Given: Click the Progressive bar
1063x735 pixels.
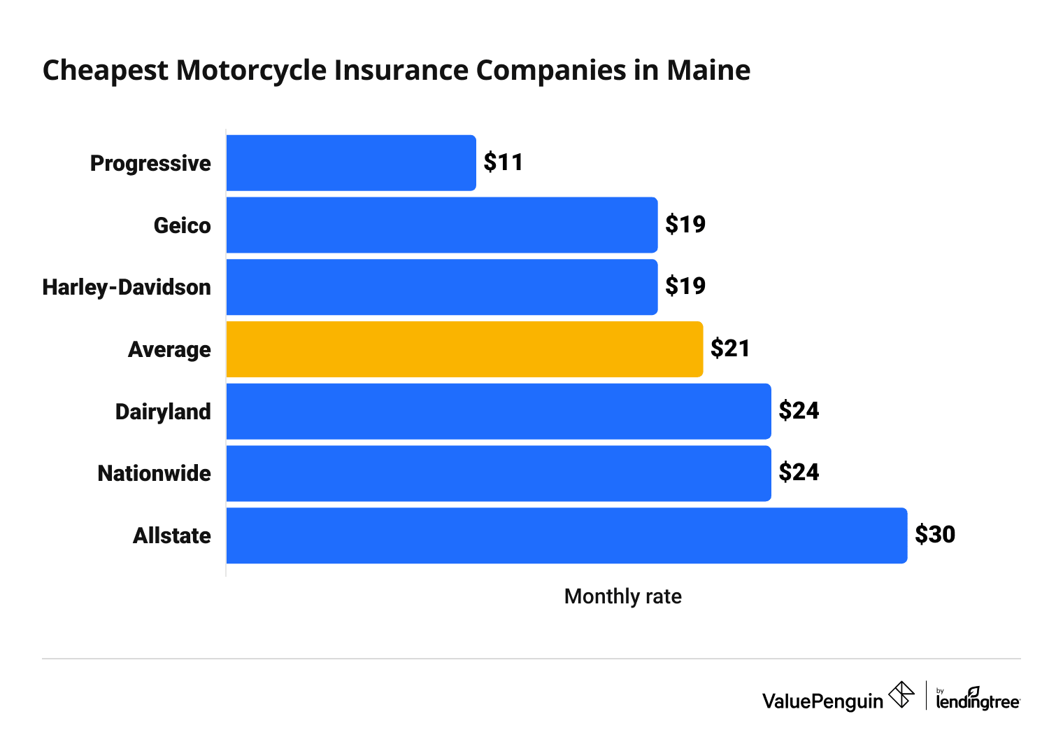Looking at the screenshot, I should tap(351, 163).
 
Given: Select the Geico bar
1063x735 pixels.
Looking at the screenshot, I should tap(442, 225).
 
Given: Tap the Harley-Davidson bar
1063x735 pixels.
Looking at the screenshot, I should tap(442, 287).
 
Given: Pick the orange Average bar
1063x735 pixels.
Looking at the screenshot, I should tap(464, 349).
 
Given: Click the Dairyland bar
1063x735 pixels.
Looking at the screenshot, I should tap(499, 412).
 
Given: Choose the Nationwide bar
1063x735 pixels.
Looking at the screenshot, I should tap(499, 473).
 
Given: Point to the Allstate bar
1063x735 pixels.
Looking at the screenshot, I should tap(566, 535).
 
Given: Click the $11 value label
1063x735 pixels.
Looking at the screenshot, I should tap(504, 162).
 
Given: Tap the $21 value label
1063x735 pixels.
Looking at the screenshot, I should tap(730, 349).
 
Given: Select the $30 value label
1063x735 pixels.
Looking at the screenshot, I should tap(935, 535).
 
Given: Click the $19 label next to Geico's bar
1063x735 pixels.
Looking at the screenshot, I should tap(685, 225).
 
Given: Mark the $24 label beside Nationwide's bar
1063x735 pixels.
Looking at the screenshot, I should tap(799, 472).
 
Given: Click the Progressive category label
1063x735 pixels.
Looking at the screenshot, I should tap(150, 163).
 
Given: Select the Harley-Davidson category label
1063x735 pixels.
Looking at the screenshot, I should tap(127, 287).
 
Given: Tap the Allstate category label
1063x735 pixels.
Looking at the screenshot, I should tap(172, 535).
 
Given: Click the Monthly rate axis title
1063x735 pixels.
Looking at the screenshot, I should tap(622, 596).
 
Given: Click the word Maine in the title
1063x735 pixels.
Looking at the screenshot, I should tap(708, 70).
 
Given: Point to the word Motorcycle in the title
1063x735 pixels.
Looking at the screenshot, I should tap(251, 70).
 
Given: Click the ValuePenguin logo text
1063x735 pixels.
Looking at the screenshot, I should tap(822, 701).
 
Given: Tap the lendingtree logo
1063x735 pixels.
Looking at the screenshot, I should tap(978, 699).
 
